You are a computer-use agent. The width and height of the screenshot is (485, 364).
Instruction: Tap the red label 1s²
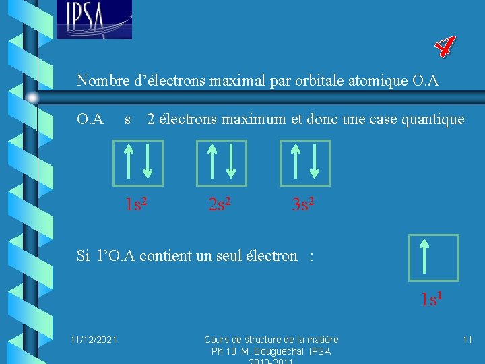point(137,204)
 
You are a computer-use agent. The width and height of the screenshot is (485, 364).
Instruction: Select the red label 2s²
point(220,204)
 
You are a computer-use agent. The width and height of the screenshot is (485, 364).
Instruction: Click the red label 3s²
point(303,204)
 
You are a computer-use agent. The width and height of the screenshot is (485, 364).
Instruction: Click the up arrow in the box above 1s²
point(127,162)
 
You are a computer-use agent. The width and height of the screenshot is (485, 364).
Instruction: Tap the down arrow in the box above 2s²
point(231,162)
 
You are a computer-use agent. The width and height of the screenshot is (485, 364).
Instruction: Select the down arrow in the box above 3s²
point(315,162)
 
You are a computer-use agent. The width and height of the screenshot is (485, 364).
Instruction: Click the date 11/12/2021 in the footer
point(94,339)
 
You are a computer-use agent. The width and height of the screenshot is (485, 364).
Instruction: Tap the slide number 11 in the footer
point(467,339)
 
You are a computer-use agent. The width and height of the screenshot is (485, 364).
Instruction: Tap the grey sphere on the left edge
point(32,98)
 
